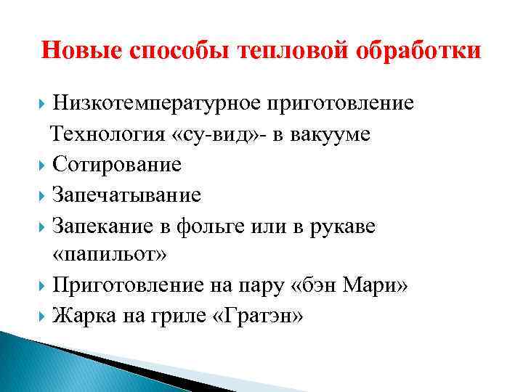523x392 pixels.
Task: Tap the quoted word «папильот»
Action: (110, 256)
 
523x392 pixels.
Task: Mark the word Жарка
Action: (81, 317)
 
